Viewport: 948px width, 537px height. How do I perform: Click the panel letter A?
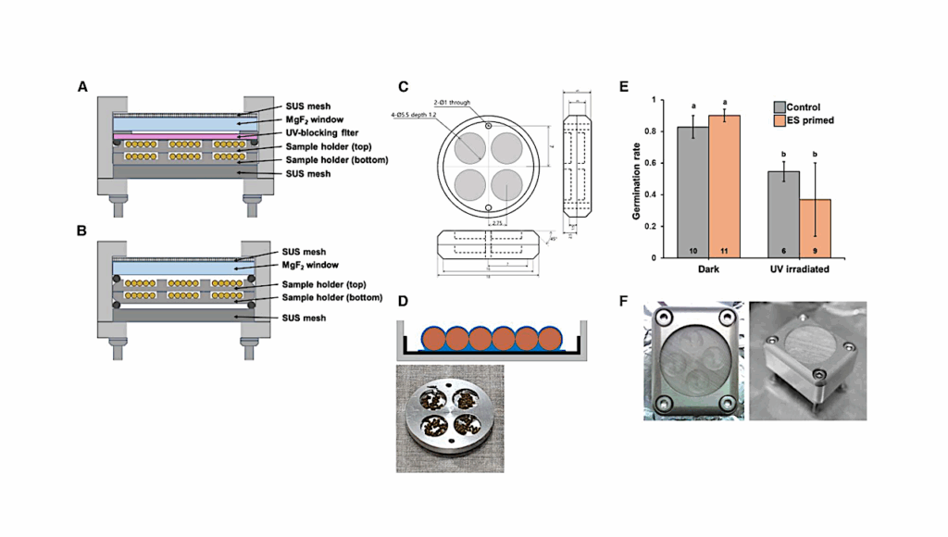click(x=82, y=88)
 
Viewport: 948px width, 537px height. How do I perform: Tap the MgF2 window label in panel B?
click(x=301, y=265)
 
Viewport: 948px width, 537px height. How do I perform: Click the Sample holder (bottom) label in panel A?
click(x=323, y=159)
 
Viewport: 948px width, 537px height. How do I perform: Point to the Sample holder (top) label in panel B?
click(x=314, y=288)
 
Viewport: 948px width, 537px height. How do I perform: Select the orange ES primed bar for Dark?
click(x=727, y=186)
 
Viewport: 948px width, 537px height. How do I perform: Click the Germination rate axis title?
click(x=638, y=179)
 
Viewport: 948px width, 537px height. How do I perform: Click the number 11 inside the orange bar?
click(x=727, y=251)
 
